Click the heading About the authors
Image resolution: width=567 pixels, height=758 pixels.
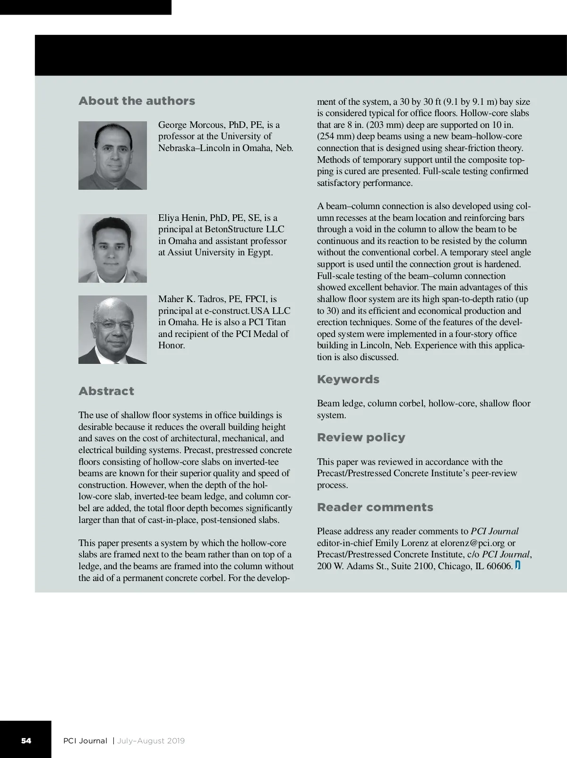point(137,101)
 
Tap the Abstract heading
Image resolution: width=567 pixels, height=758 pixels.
point(106,391)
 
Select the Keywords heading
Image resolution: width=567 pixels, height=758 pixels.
point(348,379)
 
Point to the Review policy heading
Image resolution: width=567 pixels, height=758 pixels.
point(361,438)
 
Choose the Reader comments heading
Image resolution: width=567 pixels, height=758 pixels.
point(375,507)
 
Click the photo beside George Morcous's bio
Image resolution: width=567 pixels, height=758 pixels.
point(112,155)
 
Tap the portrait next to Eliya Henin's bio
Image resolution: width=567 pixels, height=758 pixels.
point(112,248)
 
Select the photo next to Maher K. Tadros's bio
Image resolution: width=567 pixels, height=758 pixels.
point(112,329)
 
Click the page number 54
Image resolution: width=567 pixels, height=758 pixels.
point(26,741)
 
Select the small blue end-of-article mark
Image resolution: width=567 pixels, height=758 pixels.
point(517,565)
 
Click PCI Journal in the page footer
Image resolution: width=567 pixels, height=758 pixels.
point(85,741)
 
